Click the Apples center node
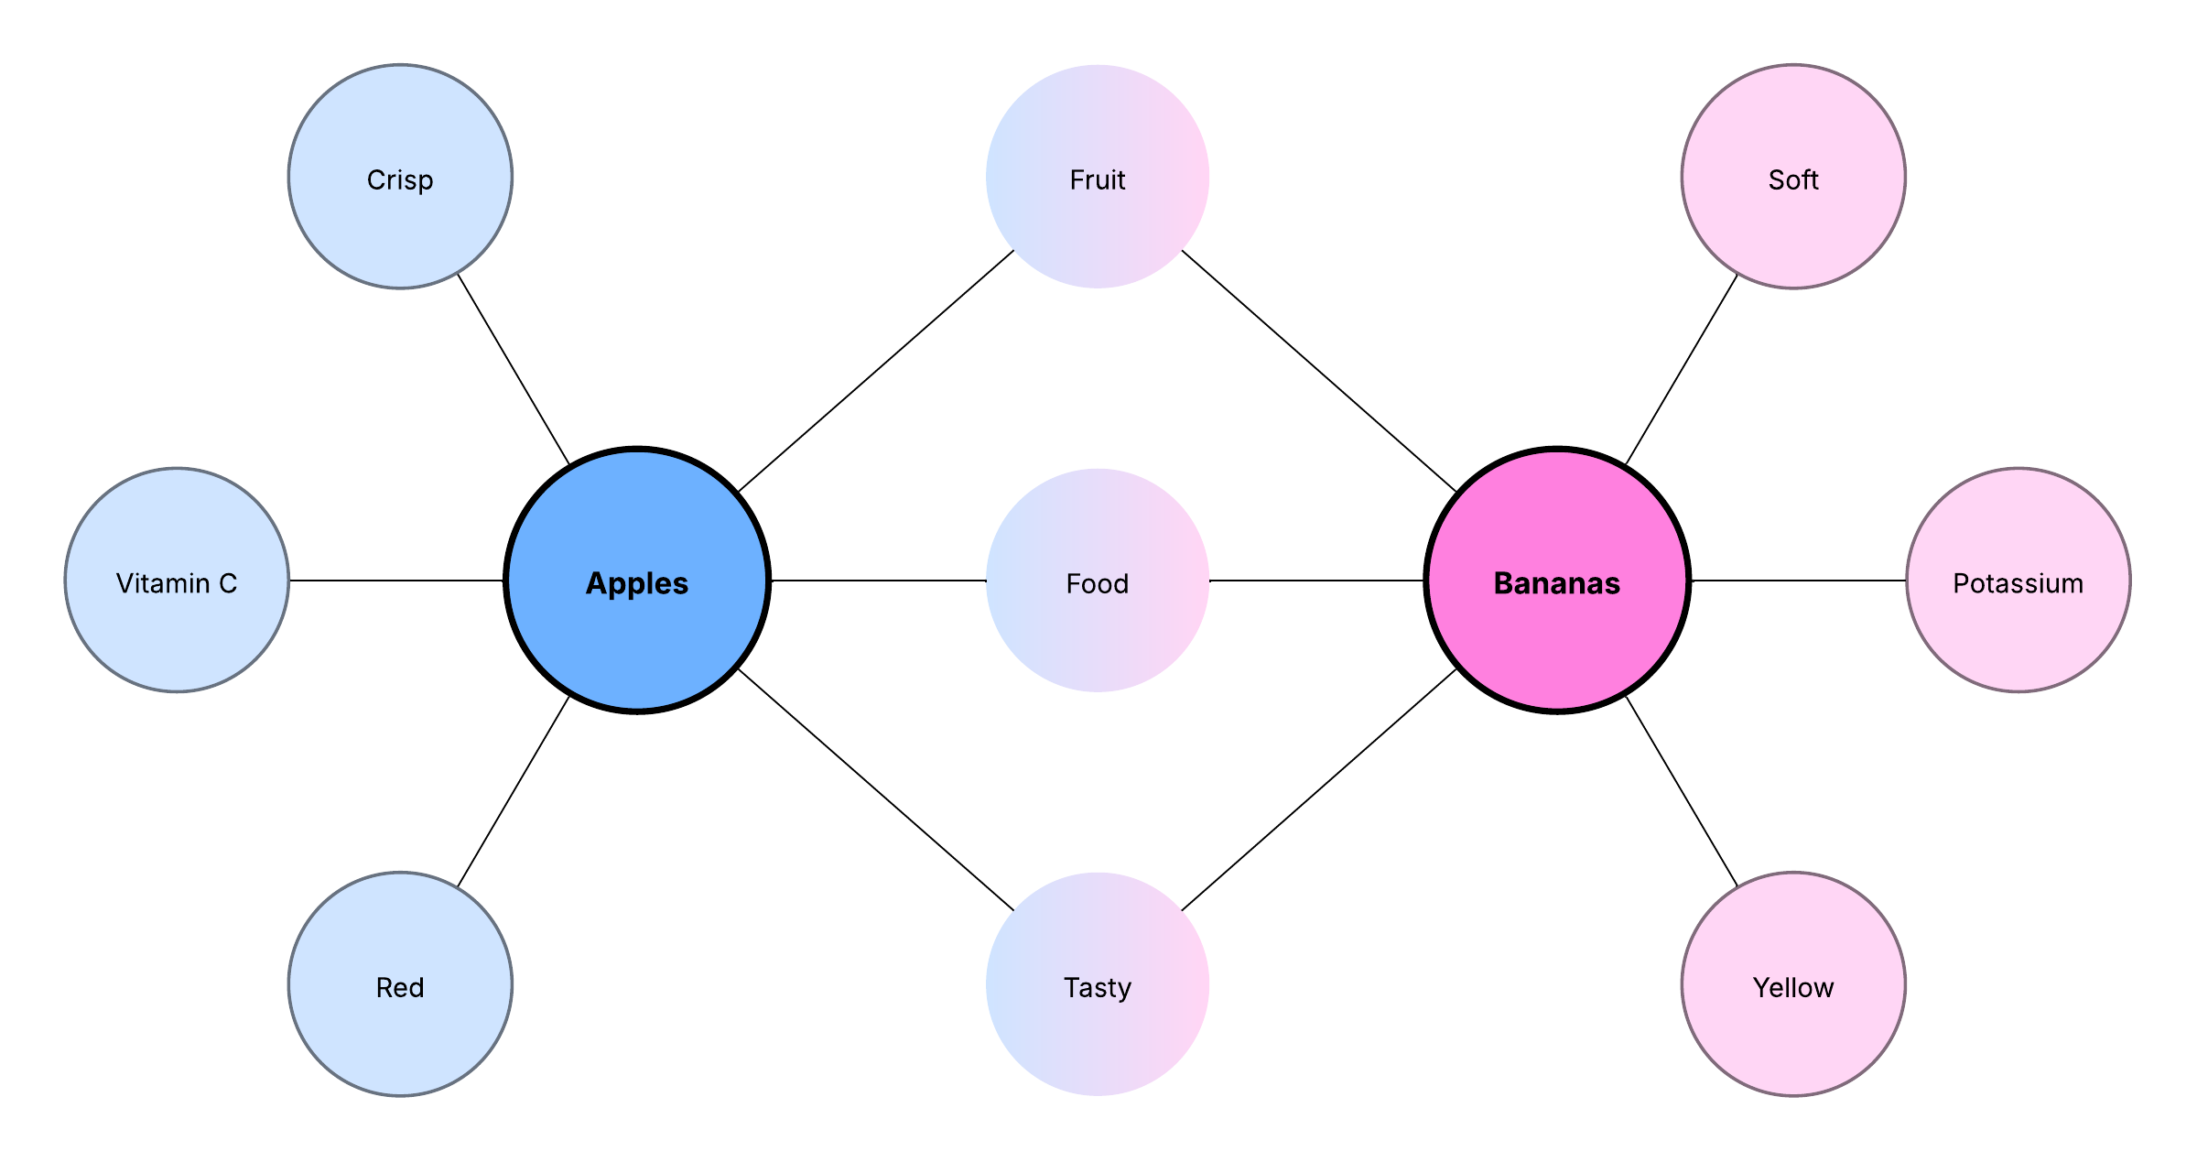coord(637,581)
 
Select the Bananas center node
coord(1557,581)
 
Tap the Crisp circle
coord(400,177)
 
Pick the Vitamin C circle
coord(177,581)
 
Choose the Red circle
coord(400,984)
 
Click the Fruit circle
coord(1098,177)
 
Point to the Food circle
coord(1098,581)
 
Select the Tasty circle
coord(1098,984)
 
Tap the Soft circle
coord(1793,177)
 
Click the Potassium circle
coord(2018,581)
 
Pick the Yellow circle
coord(1793,984)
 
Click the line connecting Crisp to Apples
coord(514,369)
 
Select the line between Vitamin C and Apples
coord(396,581)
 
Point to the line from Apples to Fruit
coord(876,371)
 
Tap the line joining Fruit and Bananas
coord(1319,371)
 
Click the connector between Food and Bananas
coord(1317,581)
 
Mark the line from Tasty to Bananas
coord(1319,790)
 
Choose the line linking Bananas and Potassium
coord(1799,581)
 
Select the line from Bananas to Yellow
coord(1682,792)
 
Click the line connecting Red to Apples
coord(514,792)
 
